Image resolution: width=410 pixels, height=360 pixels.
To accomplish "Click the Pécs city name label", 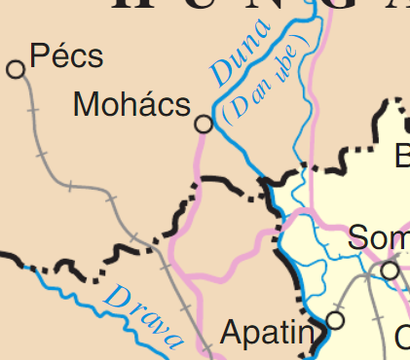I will point(66,56).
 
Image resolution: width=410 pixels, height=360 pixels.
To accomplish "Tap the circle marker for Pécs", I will point(15,68).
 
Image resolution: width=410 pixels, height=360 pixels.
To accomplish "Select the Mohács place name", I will point(131,105).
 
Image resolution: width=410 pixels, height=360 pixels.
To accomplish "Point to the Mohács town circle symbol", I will point(204,124).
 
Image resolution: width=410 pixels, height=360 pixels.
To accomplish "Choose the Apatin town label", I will point(267,335).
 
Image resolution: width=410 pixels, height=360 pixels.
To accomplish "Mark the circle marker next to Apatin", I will point(336,319).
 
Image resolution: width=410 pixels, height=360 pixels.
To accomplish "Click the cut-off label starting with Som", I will point(378,237).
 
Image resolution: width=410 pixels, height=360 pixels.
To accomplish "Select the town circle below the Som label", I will point(391,270).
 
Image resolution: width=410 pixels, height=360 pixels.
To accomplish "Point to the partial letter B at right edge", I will point(402,156).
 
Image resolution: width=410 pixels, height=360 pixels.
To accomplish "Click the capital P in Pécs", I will point(39,56).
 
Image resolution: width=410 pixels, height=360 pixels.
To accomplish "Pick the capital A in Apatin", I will point(232,335).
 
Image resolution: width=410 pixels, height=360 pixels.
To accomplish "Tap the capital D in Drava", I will point(116,295).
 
